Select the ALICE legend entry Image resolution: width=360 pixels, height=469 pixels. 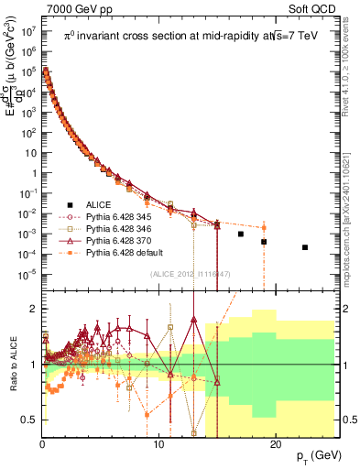click(98, 203)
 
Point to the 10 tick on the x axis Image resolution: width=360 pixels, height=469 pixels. click(158, 443)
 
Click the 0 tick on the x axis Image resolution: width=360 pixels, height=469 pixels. click(42, 443)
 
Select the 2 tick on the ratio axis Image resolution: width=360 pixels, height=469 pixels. click(34, 309)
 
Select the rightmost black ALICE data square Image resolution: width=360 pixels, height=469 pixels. click(305, 247)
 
